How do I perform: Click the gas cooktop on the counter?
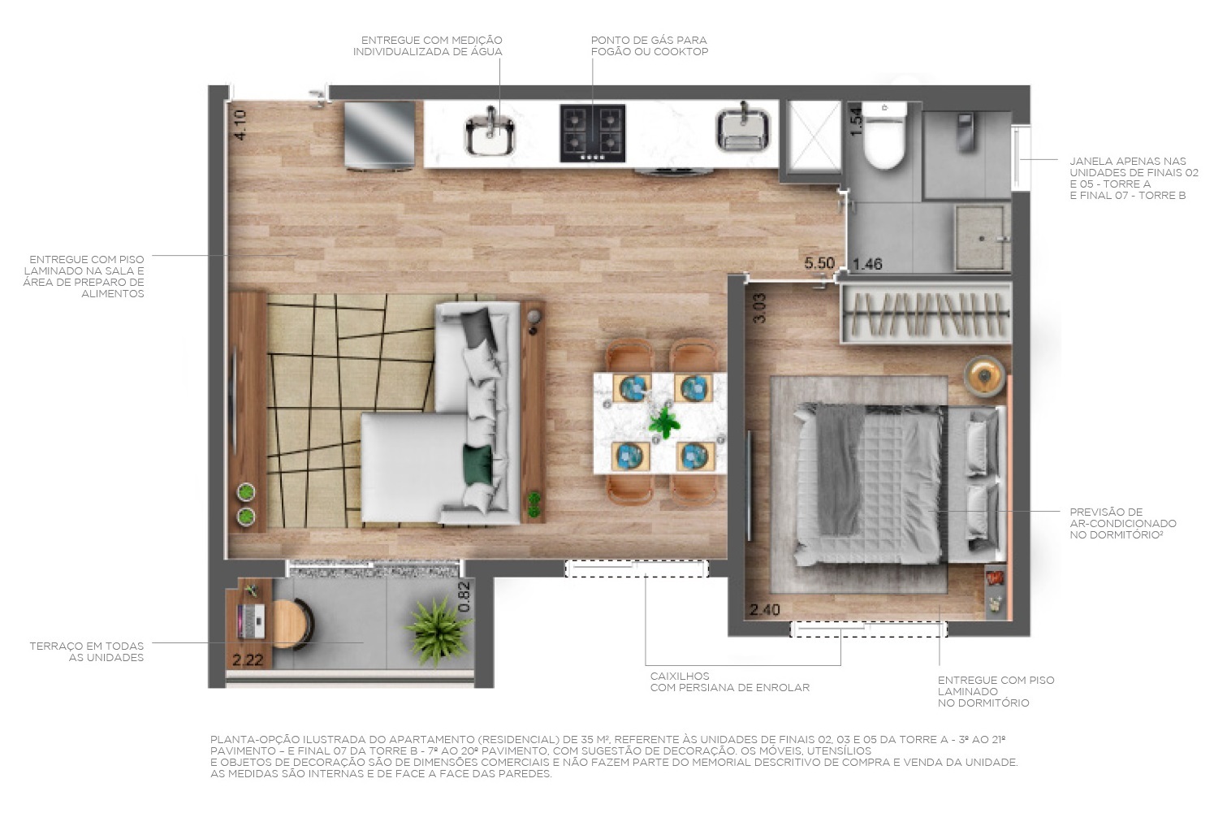point(592,132)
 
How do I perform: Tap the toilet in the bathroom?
point(883,137)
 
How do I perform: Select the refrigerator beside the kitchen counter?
point(379,135)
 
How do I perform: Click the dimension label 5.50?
point(819,263)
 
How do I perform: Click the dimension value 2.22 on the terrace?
point(248,660)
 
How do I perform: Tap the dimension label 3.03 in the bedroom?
point(759,308)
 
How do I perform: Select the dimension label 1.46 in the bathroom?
point(866,264)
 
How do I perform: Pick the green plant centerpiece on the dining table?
point(664,422)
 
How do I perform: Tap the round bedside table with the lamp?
point(984,376)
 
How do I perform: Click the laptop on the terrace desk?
point(251,621)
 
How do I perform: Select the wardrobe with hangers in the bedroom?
point(926,314)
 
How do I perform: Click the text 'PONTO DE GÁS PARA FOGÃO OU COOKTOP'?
point(649,45)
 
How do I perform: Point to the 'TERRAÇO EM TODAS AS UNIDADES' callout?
point(87,651)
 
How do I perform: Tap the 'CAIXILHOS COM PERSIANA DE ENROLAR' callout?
point(729,681)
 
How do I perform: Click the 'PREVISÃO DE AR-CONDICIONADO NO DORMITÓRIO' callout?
point(1122,523)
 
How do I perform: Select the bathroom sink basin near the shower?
point(983,236)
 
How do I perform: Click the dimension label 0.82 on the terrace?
point(464,597)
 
